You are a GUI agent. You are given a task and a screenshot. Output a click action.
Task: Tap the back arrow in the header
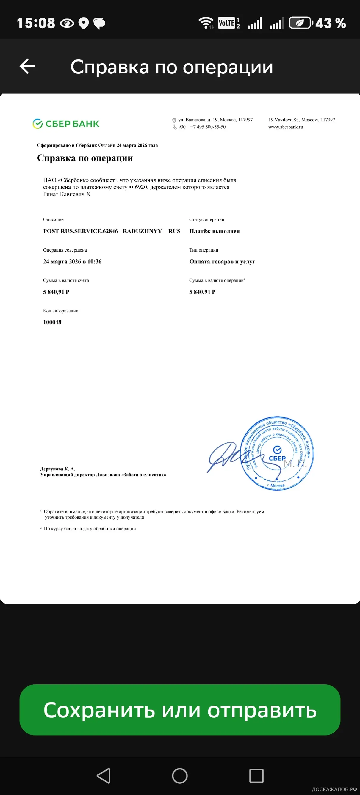(x=27, y=66)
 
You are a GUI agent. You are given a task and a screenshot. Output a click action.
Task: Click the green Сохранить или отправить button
(x=180, y=710)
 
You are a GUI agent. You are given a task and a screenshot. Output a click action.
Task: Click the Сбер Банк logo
(x=66, y=124)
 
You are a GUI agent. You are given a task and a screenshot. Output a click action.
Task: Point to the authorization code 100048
(x=52, y=322)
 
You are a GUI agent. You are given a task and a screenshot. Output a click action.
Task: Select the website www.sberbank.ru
(x=286, y=127)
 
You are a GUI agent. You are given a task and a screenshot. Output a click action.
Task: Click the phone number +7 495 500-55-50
(x=208, y=127)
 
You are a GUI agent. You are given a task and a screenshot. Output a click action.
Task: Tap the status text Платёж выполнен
(x=214, y=231)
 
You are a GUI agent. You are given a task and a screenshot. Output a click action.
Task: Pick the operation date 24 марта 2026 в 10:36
(x=72, y=261)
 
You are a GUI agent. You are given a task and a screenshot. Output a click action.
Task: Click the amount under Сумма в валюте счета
(x=56, y=292)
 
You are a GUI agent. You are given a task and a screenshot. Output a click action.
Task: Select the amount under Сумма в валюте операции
(x=202, y=292)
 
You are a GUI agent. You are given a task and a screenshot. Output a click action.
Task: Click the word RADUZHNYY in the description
(x=142, y=231)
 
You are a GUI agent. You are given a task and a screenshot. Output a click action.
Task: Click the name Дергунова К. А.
(x=58, y=469)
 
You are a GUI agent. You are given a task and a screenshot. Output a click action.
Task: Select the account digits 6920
(x=141, y=187)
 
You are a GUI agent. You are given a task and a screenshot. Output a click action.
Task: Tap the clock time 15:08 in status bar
(x=36, y=23)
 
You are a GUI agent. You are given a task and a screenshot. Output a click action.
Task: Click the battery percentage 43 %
(x=330, y=23)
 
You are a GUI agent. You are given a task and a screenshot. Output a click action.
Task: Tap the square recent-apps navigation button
(x=256, y=776)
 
